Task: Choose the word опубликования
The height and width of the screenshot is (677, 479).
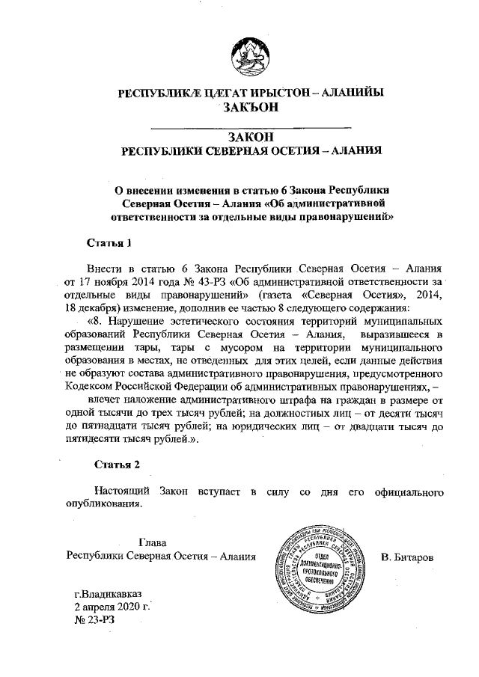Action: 103,504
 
